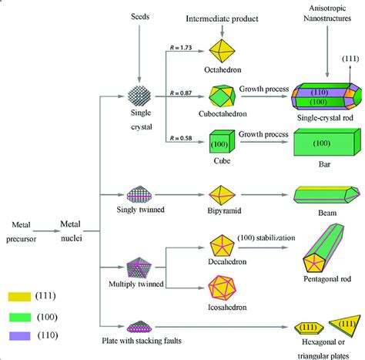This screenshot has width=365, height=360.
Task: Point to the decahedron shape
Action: click(x=223, y=247)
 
